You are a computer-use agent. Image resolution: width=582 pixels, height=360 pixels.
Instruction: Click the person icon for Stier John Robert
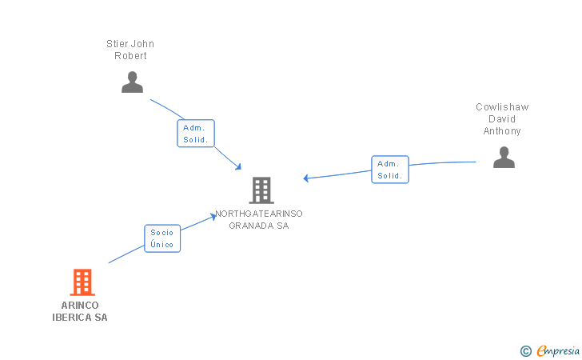132,82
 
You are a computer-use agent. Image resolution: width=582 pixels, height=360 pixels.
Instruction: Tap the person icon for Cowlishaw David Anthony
504,157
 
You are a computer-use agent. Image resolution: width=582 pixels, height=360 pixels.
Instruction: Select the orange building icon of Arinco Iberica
82,282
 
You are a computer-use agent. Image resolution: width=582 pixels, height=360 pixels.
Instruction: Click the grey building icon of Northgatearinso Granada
261,190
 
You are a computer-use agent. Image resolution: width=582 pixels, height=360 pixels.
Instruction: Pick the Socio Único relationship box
162,238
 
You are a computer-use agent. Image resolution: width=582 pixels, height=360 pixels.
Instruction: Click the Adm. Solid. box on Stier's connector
196,134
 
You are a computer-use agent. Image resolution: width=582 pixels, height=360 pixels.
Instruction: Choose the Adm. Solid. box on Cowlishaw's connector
390,170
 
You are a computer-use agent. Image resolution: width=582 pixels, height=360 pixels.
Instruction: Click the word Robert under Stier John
131,56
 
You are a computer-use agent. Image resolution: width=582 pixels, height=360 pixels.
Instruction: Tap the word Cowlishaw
502,107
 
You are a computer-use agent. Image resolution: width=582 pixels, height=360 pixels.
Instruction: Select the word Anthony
502,131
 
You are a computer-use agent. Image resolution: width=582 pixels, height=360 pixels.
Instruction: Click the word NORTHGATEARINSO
259,214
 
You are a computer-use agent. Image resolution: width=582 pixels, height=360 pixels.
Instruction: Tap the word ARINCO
80,305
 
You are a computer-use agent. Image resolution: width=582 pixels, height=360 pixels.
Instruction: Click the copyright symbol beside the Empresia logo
525,350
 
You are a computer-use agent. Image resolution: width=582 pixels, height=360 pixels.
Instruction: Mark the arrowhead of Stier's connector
239,166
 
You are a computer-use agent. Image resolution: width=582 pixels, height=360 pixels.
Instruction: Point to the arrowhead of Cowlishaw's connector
305,178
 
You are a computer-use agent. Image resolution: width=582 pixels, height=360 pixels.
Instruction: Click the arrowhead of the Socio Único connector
214,214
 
